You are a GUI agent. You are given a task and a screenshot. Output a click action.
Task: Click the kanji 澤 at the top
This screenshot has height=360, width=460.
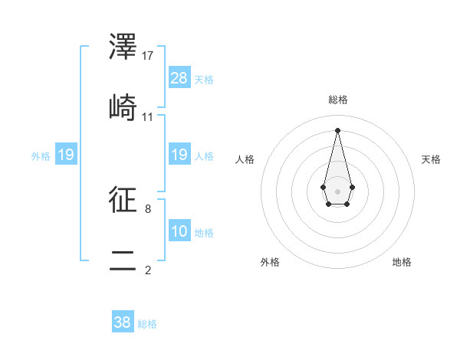(x=123, y=48)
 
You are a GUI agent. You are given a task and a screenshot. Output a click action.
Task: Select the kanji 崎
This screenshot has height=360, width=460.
(x=123, y=110)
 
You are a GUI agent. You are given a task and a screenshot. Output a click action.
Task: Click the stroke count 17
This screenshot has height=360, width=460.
(x=148, y=55)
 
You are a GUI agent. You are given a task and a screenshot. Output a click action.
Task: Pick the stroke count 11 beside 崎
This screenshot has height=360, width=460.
(x=148, y=116)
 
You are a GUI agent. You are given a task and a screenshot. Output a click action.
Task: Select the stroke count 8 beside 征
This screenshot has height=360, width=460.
(x=148, y=208)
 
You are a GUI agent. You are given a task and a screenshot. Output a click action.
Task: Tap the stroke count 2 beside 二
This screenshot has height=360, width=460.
(x=148, y=270)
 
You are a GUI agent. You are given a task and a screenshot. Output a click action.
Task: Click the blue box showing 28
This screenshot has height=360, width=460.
(x=179, y=78)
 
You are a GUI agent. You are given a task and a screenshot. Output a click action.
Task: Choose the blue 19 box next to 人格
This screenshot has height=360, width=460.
(x=179, y=155)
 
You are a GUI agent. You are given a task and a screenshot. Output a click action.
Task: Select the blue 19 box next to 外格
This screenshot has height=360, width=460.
(x=66, y=155)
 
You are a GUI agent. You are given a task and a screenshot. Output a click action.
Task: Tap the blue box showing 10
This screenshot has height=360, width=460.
(x=179, y=231)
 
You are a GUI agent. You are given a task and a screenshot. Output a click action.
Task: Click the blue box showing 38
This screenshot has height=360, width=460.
(x=123, y=322)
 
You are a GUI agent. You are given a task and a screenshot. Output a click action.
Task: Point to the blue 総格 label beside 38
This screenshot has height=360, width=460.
(x=147, y=324)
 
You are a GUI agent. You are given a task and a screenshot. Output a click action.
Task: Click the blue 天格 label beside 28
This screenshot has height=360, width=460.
(x=204, y=80)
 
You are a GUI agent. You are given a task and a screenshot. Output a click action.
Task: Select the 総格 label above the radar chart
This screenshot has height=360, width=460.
(x=337, y=100)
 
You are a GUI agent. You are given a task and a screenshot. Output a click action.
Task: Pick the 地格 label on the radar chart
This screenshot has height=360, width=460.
(x=402, y=263)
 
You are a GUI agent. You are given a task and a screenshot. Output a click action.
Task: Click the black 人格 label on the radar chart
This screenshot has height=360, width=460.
(x=245, y=159)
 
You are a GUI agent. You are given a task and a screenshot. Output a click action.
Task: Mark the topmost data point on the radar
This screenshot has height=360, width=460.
(x=337, y=129)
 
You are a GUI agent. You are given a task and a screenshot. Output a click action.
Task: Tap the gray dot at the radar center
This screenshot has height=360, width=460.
(x=337, y=191)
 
